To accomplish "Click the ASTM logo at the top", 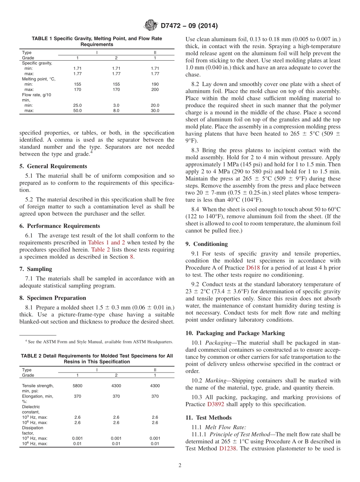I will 151,26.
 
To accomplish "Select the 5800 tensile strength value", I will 77,386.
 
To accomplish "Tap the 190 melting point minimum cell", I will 155,84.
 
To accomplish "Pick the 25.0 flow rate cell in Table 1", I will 77,105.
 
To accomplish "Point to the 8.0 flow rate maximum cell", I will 116,111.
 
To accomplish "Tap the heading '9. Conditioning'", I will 207,244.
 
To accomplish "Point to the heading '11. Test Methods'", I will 208,418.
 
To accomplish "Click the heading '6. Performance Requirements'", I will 60,226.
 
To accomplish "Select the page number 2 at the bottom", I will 180,465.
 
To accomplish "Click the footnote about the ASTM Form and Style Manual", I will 99,342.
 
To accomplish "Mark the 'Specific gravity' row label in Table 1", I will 37,63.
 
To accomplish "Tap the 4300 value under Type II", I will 155,386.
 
